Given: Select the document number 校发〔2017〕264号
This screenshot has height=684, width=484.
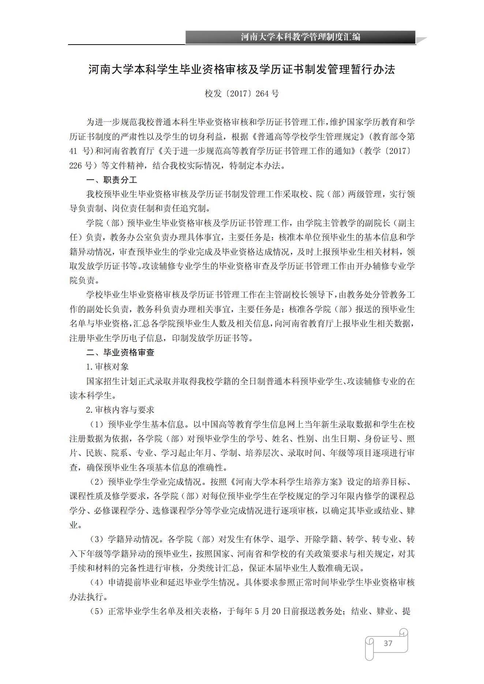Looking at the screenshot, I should pos(242,94).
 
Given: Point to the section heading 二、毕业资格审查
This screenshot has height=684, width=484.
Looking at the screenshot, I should pos(120,352).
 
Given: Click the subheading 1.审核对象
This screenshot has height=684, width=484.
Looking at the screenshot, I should pos(107,367).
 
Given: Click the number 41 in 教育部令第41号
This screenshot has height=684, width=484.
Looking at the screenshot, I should pos(74,151).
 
